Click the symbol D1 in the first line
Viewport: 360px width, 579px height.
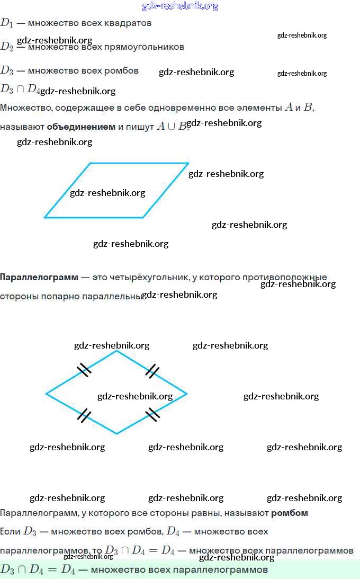coord(6,23)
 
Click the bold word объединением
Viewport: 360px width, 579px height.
coord(81,127)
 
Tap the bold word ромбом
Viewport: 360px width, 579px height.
coord(290,513)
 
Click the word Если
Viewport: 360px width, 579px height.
coord(11,531)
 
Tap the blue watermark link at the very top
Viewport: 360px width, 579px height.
coord(180,6)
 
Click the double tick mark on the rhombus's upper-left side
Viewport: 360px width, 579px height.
coord(84,370)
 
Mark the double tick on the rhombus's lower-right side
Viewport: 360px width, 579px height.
coord(152,414)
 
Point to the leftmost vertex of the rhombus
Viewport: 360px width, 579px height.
coord(46,394)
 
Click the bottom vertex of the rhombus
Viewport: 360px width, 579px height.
coord(117,434)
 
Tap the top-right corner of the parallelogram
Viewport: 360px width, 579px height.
coord(188,163)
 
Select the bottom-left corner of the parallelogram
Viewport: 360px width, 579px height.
coord(44,217)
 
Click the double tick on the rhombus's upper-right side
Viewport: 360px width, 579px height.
coord(152,371)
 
